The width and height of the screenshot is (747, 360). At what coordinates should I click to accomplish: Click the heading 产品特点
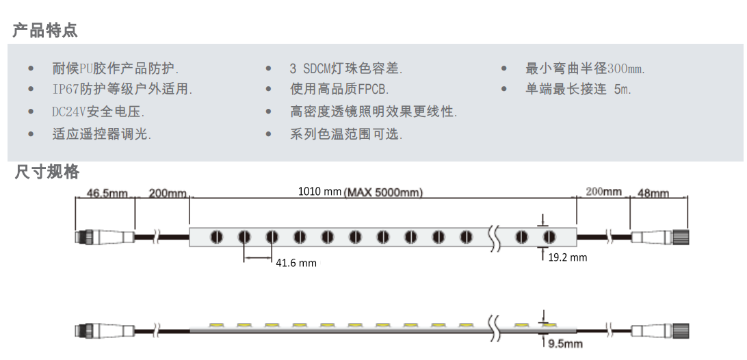[45, 30]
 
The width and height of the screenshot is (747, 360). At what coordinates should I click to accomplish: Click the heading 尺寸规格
[47, 172]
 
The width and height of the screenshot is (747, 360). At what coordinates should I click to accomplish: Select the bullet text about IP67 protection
[122, 89]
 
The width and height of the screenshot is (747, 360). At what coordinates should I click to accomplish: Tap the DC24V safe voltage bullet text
[98, 112]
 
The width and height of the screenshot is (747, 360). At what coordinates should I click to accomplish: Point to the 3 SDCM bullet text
[345, 68]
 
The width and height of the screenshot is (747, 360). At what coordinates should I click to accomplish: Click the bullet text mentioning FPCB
[339, 89]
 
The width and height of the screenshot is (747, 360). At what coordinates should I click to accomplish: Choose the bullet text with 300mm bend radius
[585, 68]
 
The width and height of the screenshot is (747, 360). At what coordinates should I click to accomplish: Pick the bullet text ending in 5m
[578, 89]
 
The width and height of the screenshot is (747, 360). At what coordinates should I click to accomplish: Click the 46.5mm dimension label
[107, 194]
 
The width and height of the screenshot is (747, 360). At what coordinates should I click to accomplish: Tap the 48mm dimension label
[653, 194]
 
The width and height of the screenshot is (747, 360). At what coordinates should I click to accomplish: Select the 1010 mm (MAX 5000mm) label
[361, 192]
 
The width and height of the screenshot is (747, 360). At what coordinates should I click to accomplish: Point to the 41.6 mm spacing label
[296, 263]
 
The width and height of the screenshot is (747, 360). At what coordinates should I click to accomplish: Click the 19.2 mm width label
[568, 258]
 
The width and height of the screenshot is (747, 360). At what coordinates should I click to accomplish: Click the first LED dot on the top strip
[216, 237]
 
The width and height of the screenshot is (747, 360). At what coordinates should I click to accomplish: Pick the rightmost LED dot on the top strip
[549, 237]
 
